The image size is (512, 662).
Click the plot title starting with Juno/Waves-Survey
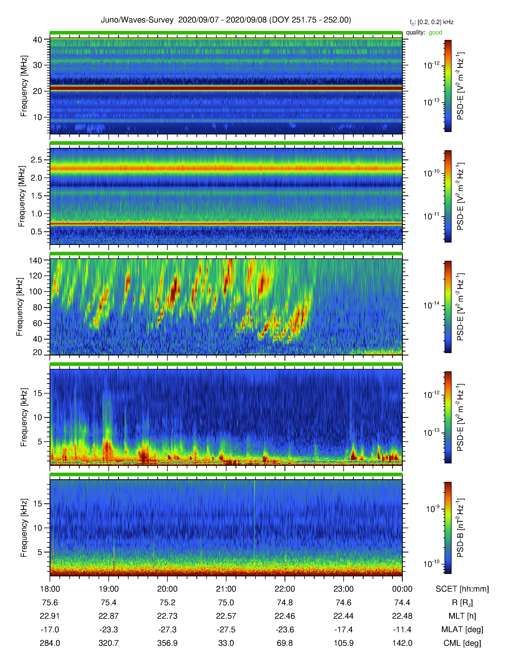(226, 20)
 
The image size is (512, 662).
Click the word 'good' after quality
(435, 32)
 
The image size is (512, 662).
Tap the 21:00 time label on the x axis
(226, 589)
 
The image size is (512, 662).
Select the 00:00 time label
(402, 589)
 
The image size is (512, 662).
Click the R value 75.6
(50, 603)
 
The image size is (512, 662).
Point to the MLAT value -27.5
(226, 630)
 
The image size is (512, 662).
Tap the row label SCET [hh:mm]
(462, 589)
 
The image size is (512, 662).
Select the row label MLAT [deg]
(462, 630)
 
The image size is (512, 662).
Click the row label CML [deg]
(462, 643)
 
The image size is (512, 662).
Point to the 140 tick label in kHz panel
(35, 260)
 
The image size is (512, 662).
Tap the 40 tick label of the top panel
(38, 40)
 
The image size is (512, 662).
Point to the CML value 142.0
(402, 643)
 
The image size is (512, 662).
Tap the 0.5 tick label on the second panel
(36, 231)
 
